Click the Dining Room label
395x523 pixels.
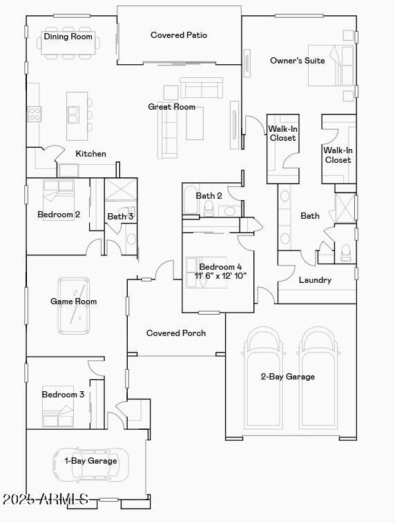[x=68, y=37]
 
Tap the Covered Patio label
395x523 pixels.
[x=179, y=35]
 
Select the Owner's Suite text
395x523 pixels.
[x=297, y=61]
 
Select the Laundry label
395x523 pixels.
[x=315, y=280]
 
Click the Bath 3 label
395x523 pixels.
[x=120, y=217]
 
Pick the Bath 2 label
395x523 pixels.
[x=209, y=196]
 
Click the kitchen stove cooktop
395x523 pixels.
[x=35, y=114]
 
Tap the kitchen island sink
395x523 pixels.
[x=73, y=115]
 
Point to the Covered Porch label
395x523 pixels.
[x=176, y=333]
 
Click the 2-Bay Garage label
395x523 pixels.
[x=287, y=377]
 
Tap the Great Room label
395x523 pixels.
[x=171, y=107]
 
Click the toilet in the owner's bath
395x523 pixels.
[x=345, y=252]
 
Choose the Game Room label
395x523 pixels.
[x=73, y=302]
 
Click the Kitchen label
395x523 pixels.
[x=91, y=154]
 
